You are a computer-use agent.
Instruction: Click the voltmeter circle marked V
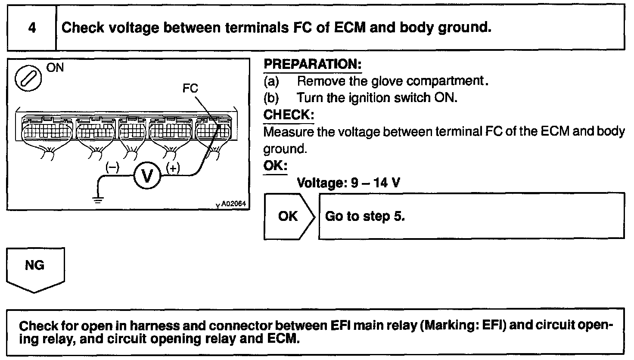(x=147, y=175)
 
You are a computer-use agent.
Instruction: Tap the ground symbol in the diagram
(x=98, y=199)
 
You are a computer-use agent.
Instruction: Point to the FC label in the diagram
(x=190, y=88)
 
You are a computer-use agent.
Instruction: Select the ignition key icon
(x=29, y=79)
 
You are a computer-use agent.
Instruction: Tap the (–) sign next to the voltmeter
(x=113, y=168)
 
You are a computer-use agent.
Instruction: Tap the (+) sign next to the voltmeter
(x=173, y=168)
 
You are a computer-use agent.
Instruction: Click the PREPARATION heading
(x=312, y=64)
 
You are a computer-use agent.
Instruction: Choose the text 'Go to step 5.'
(x=365, y=216)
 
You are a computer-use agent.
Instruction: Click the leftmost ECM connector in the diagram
(x=46, y=128)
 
